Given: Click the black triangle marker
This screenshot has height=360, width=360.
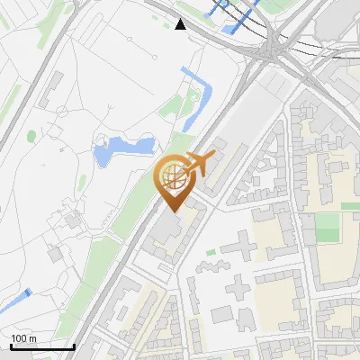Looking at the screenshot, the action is click(x=181, y=24).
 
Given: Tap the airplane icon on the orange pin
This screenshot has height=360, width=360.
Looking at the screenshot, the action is click(x=198, y=164).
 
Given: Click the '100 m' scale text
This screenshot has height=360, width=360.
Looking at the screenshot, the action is click(x=23, y=338).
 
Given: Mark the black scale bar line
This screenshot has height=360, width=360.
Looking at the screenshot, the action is click(x=41, y=346).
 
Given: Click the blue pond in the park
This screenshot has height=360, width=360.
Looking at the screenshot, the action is click(x=120, y=148).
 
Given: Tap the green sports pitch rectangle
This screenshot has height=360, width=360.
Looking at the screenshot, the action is click(x=328, y=228).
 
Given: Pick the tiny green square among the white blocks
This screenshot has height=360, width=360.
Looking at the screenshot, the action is click(x=211, y=253).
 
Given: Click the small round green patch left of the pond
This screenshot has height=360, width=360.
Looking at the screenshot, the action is click(x=32, y=137).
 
